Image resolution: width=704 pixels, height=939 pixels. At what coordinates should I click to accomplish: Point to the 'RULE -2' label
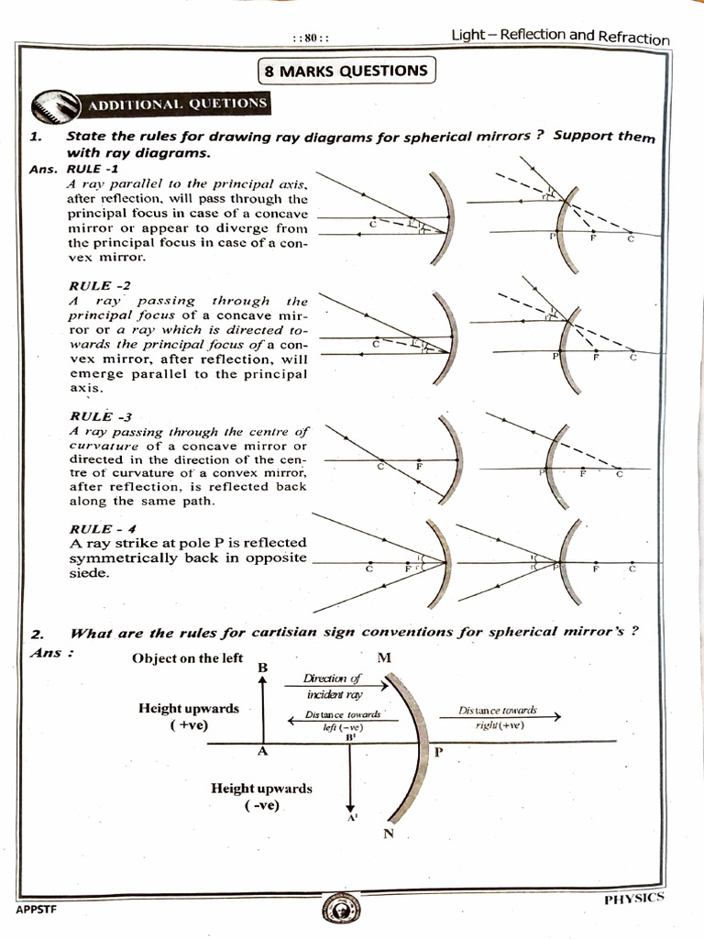93,285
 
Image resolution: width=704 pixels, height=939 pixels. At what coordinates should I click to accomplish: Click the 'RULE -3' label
93,416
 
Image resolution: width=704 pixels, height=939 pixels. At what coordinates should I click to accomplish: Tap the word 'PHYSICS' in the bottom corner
634,898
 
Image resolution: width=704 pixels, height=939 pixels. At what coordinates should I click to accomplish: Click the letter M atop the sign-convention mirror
382,658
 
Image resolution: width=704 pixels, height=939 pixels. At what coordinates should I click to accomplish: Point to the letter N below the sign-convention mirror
387,833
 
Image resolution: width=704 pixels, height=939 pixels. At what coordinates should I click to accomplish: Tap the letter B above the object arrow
262,668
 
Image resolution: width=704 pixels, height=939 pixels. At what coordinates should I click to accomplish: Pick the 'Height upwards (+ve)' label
189,716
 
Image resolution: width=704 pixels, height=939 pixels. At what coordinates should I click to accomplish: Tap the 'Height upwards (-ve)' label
261,796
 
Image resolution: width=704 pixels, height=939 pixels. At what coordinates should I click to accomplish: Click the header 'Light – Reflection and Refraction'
560,37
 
